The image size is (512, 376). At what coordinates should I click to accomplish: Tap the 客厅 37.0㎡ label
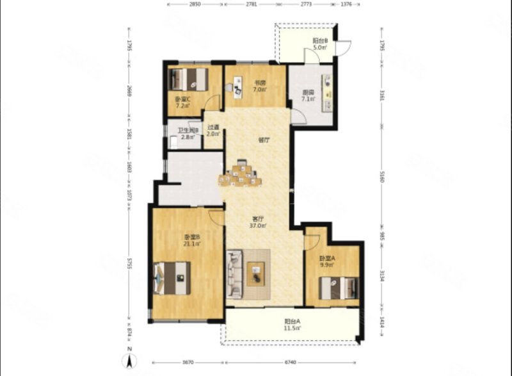[x=258, y=222]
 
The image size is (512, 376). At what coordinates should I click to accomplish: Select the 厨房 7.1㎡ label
[x=308, y=96]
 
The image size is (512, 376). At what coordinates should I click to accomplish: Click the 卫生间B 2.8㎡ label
[x=188, y=134]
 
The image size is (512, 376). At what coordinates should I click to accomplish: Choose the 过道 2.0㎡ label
[x=213, y=131]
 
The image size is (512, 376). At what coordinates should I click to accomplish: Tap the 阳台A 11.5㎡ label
[x=292, y=325]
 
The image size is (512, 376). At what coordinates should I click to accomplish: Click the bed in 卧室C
[x=189, y=79]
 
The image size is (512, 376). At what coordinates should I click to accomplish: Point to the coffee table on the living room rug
[x=256, y=274]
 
